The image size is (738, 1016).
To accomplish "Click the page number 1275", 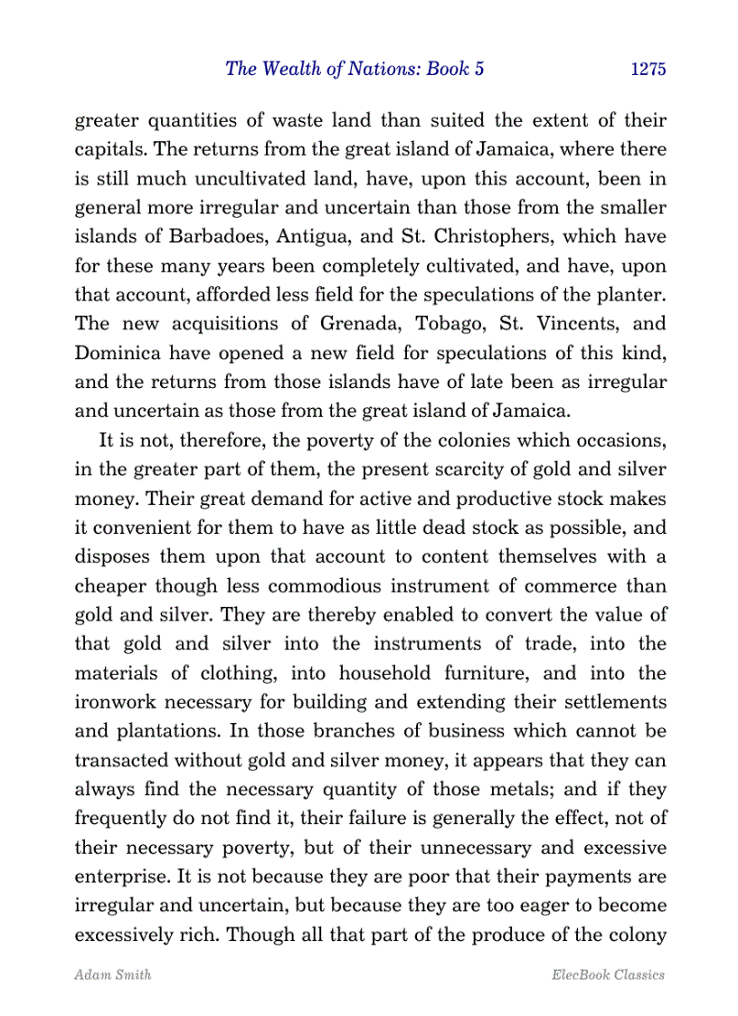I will pos(648,70).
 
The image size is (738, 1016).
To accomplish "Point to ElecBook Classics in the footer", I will pos(607,974).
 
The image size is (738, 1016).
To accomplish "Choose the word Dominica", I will pos(117,352).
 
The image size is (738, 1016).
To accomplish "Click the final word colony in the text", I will pos(638,935).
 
